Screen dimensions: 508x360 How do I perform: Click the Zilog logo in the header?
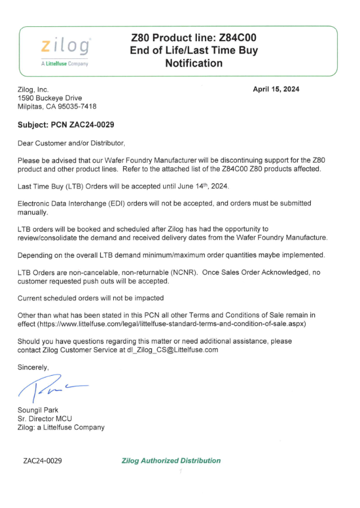(x=64, y=46)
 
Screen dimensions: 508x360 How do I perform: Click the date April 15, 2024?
(x=276, y=89)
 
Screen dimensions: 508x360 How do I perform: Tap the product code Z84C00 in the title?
(x=238, y=37)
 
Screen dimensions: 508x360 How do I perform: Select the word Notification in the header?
(x=194, y=63)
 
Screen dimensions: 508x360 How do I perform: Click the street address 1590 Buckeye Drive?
(x=50, y=98)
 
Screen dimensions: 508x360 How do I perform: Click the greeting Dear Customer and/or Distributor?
(x=71, y=143)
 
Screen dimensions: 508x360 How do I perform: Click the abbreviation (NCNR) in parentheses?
(x=185, y=273)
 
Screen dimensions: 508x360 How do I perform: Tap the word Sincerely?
(x=33, y=368)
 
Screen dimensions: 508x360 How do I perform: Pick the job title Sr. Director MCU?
(x=45, y=419)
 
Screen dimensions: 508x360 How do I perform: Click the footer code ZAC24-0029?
(x=42, y=460)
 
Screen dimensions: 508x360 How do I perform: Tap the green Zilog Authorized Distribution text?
(x=171, y=460)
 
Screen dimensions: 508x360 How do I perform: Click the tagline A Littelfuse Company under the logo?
(x=65, y=64)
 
